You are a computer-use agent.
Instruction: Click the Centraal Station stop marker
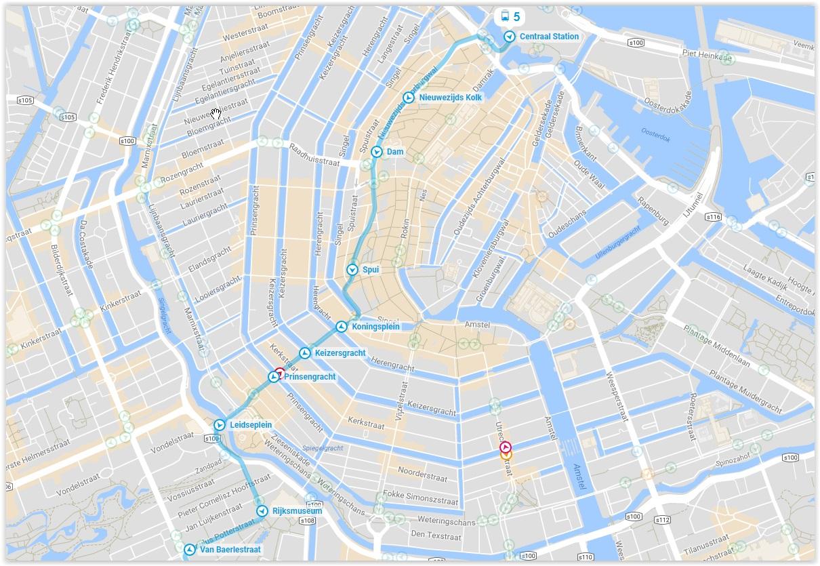point(509,37)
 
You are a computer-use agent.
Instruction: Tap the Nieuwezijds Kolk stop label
point(451,98)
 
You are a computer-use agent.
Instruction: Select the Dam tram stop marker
point(377,152)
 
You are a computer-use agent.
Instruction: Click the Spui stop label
point(371,270)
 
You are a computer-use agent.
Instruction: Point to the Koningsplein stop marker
point(342,327)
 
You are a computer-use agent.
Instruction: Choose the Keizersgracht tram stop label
point(340,353)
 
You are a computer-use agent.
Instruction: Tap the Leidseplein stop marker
point(220,425)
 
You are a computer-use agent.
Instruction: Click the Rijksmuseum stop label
point(297,511)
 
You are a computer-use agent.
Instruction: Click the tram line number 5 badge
point(510,16)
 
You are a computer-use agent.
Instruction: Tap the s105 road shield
point(24,100)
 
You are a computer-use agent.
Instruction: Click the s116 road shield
point(713,218)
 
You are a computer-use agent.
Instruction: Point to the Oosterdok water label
point(656,138)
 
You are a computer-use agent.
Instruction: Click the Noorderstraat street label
point(422,474)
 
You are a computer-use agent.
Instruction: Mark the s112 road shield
point(662,520)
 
